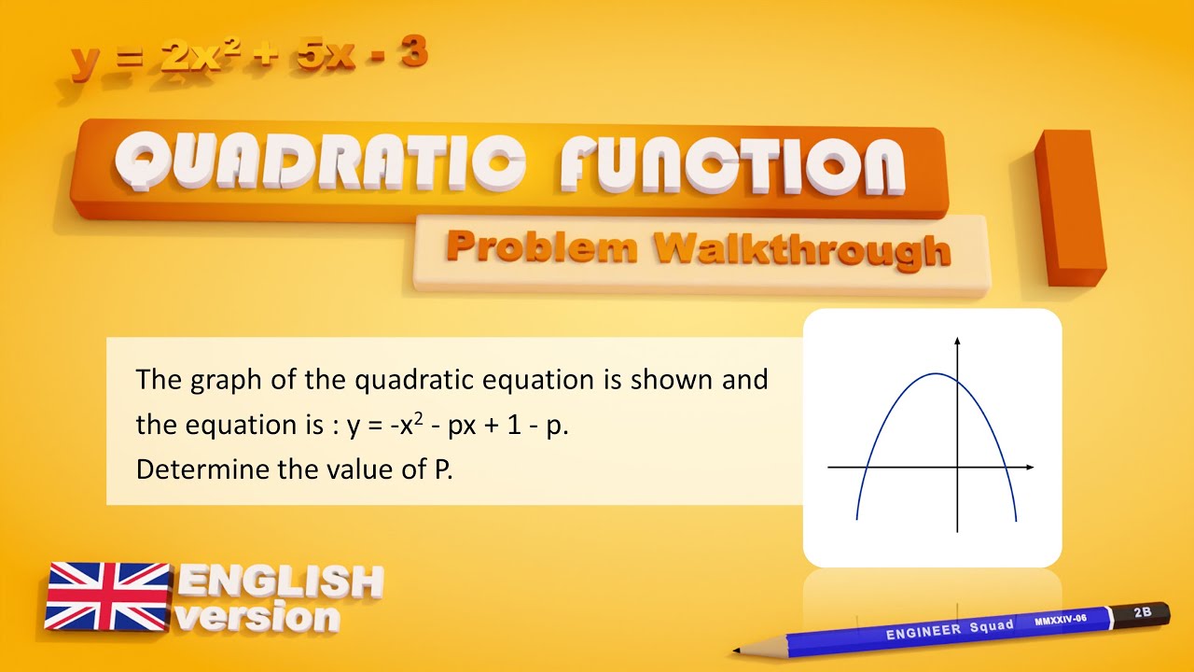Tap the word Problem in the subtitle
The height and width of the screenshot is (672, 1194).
541,247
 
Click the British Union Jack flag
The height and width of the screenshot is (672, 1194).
107,595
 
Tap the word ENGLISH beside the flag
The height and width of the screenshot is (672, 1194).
280,582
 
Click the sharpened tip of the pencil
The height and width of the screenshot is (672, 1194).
737,651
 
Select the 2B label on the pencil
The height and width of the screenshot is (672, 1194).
1142,613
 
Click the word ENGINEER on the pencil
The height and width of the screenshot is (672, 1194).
924,630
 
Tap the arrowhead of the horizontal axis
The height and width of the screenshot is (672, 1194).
1029,467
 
